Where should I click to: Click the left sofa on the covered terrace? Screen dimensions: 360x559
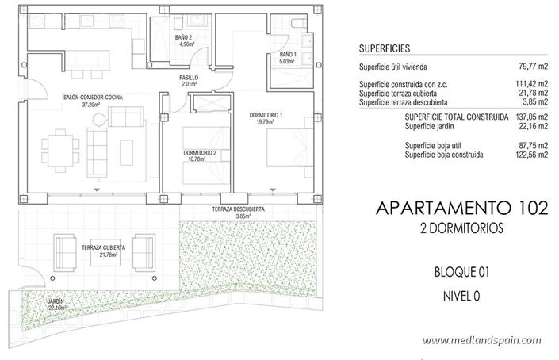[63, 251]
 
